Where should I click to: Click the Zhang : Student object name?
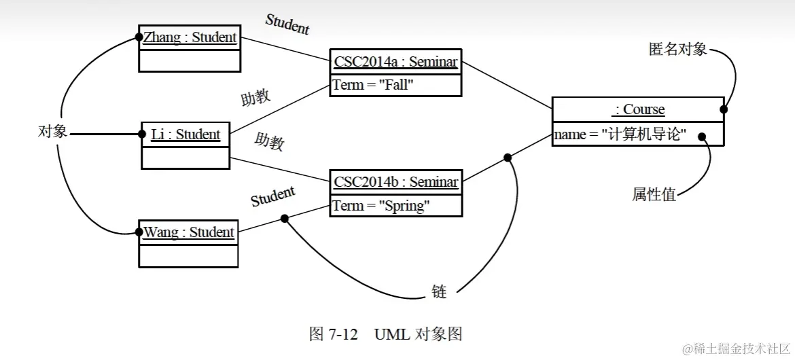pos(190,37)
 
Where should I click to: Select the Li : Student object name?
pos(185,134)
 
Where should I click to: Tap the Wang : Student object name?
pos(189,232)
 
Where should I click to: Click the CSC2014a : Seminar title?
pos(396,62)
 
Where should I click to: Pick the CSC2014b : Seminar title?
pos(396,181)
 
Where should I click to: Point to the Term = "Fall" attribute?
pos(373,86)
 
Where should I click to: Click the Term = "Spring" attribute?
pos(381,205)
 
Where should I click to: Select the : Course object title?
pos(639,109)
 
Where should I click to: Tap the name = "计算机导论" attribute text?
pos(620,135)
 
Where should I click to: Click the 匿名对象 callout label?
pos(677,50)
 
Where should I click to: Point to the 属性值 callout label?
pos(654,194)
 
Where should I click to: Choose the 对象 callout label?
pos(52,132)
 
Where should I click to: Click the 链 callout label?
pos(440,292)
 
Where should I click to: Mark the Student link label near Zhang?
pos(287,24)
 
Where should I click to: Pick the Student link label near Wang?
pos(272,196)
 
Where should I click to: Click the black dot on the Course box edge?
pos(724,109)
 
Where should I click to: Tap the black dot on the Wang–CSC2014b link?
pos(285,219)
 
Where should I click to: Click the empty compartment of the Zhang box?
pos(190,60)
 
